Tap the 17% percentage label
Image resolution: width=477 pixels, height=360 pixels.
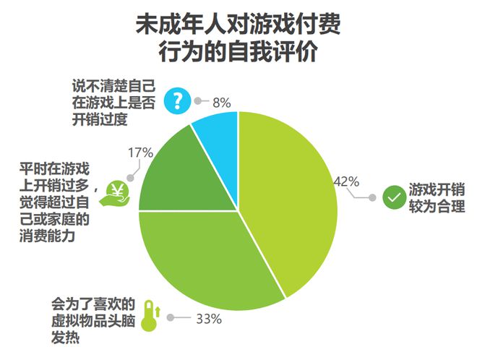140,153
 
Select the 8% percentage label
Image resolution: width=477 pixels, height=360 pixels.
221,103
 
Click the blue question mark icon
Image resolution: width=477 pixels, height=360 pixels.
176,100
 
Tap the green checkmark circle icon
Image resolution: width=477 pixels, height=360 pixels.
395,197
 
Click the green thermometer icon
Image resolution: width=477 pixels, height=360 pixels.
150,316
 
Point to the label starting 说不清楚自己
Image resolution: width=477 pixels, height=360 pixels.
113,101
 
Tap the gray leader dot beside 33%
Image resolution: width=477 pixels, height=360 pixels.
171,317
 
